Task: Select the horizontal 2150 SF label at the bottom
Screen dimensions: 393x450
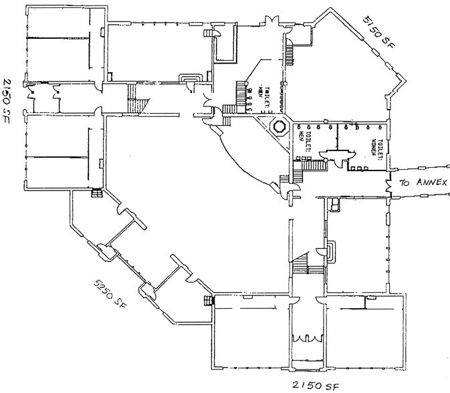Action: pos(315,386)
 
